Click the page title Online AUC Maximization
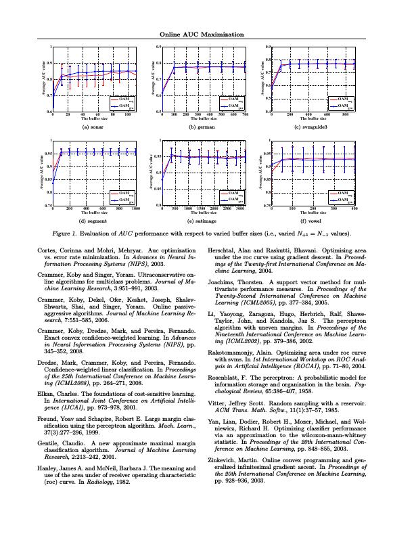207,35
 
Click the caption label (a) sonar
94,127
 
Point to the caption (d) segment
94,221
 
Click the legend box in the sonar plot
122,103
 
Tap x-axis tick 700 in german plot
245,115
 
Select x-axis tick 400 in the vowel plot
354,208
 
